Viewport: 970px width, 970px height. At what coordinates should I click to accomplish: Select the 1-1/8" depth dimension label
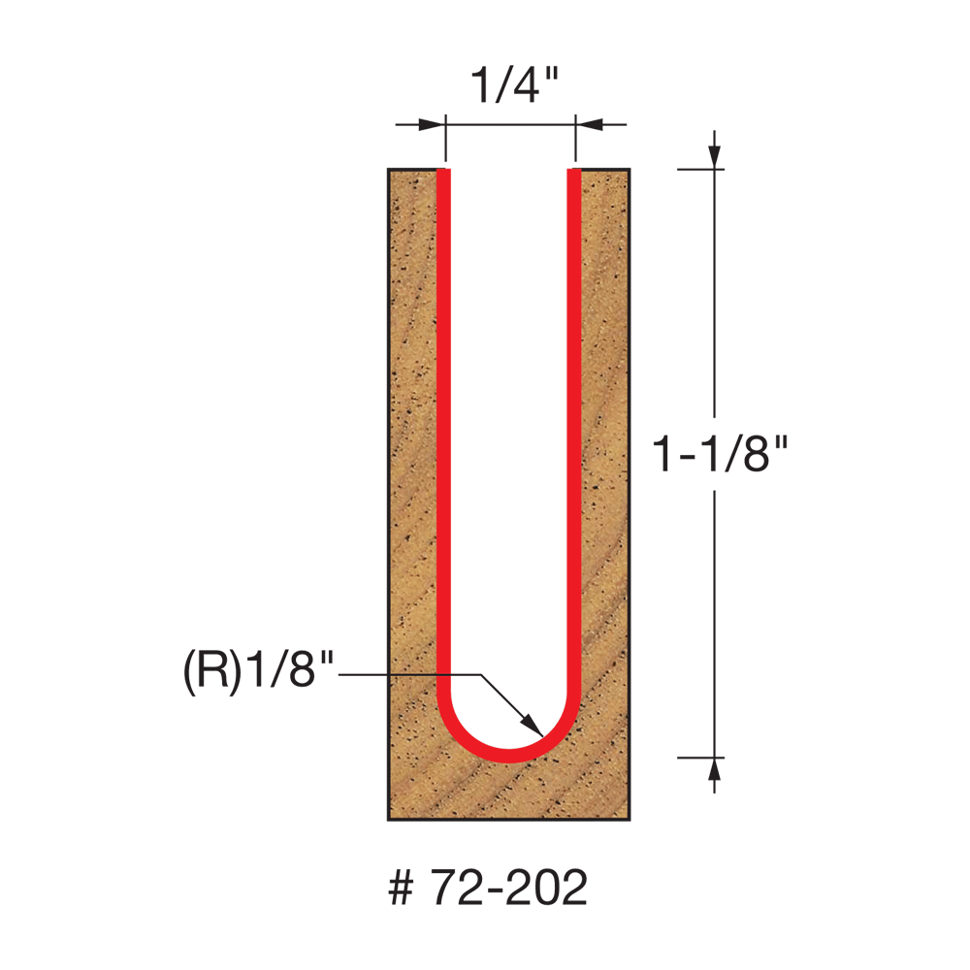716,453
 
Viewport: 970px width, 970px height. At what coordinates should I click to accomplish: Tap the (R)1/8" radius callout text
258,672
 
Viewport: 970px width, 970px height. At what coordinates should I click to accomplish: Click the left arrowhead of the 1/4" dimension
433,124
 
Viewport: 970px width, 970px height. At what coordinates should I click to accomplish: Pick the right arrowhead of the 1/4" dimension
589,124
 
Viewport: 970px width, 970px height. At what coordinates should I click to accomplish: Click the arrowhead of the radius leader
531,726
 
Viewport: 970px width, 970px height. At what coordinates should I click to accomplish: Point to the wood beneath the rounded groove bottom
509,791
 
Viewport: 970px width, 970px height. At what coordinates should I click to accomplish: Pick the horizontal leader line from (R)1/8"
407,674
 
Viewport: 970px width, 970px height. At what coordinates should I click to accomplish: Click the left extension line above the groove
444,141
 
